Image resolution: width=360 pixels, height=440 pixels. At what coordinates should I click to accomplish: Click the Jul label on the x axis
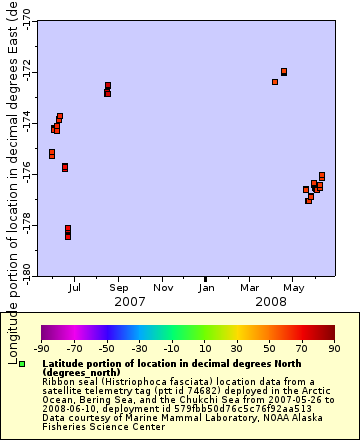pyautogui.click(x=75, y=288)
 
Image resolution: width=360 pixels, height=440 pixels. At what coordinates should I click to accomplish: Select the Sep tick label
pyautogui.click(x=118, y=288)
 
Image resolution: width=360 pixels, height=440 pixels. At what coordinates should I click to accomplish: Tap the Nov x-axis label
pyautogui.click(x=162, y=288)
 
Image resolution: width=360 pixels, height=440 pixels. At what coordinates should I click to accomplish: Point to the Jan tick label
pyautogui.click(x=205, y=288)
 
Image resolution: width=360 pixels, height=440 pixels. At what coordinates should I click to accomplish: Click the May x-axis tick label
pyautogui.click(x=293, y=288)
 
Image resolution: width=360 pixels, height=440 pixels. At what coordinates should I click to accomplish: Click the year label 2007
pyautogui.click(x=130, y=301)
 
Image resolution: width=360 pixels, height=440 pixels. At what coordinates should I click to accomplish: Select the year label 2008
pyautogui.click(x=271, y=301)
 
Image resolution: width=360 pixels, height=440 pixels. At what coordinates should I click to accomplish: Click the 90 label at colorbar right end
pyautogui.click(x=334, y=348)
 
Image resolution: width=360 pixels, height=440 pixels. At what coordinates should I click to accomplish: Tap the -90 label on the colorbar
pyautogui.click(x=42, y=348)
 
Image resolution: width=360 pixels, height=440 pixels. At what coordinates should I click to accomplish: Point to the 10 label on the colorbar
pyautogui.click(x=204, y=348)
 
